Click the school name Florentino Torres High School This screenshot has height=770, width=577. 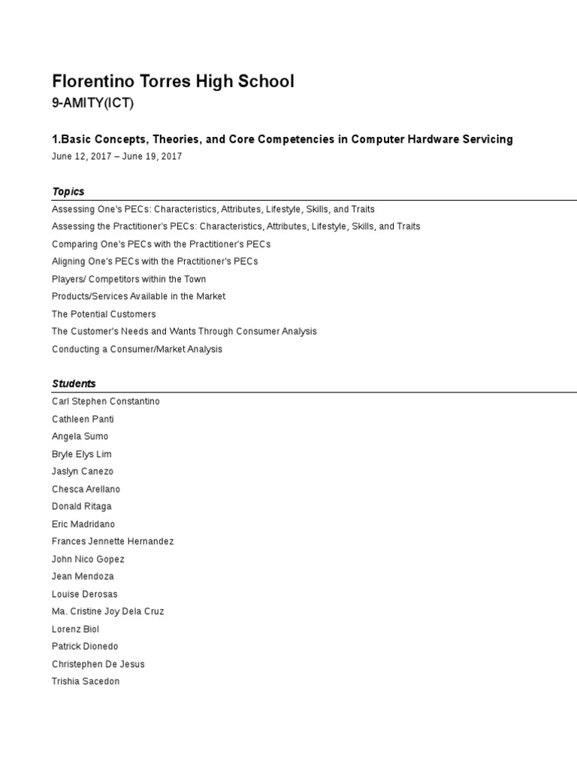(x=173, y=81)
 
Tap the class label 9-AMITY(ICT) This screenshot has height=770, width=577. (x=92, y=104)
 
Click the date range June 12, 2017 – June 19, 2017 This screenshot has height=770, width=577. (x=116, y=156)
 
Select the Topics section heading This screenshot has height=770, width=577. (x=68, y=192)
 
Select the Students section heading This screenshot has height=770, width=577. (x=74, y=383)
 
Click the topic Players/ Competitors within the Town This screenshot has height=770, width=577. (x=128, y=279)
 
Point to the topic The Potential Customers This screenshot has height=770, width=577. (x=104, y=314)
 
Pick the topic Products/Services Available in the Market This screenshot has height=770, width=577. (x=138, y=296)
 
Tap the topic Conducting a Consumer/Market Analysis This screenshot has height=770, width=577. (x=137, y=349)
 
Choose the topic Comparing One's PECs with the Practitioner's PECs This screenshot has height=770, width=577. (x=161, y=244)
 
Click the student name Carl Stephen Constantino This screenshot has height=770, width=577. (x=106, y=402)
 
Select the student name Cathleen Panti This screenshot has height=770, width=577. (x=83, y=419)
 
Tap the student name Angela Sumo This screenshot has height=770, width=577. (x=80, y=436)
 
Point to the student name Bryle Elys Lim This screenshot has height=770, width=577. (x=82, y=454)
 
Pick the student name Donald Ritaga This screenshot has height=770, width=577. (x=82, y=507)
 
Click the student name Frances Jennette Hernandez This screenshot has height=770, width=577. (x=113, y=541)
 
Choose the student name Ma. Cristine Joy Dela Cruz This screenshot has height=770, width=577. (x=108, y=611)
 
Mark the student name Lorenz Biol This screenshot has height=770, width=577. (x=75, y=629)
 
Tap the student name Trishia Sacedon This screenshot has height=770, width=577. (x=86, y=681)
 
